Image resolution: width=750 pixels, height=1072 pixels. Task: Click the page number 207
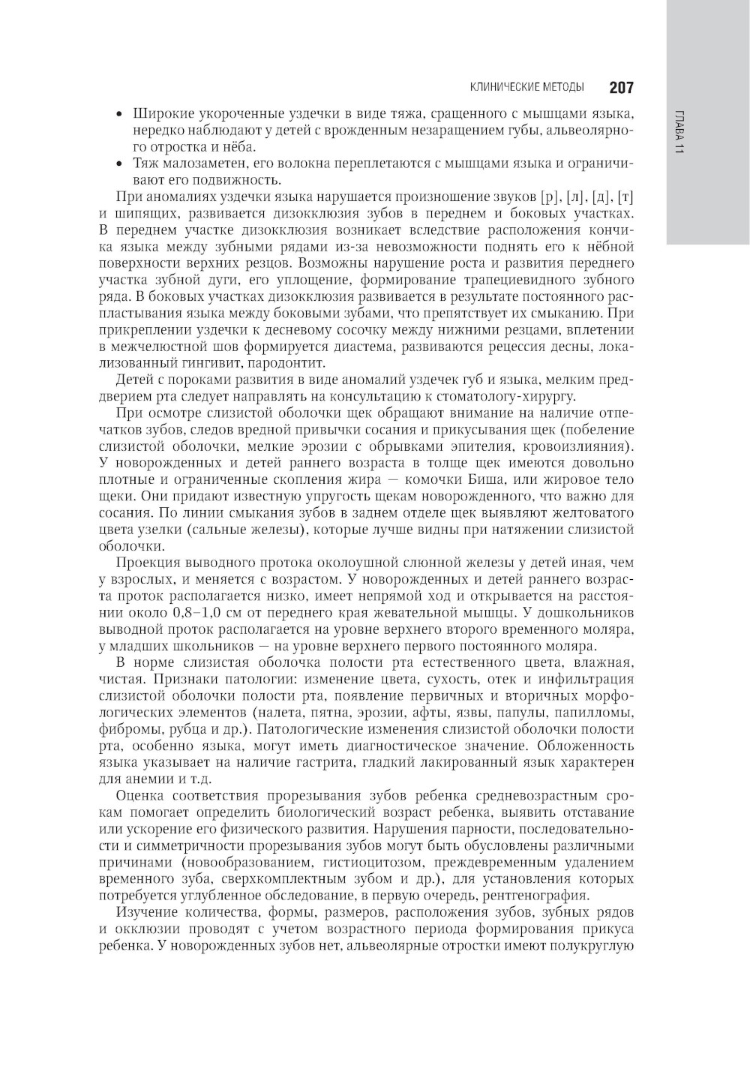[x=621, y=87]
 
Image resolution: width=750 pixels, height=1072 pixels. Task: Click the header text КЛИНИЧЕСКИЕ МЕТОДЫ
[x=526, y=88]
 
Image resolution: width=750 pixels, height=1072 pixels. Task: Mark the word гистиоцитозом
[x=386, y=862]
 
